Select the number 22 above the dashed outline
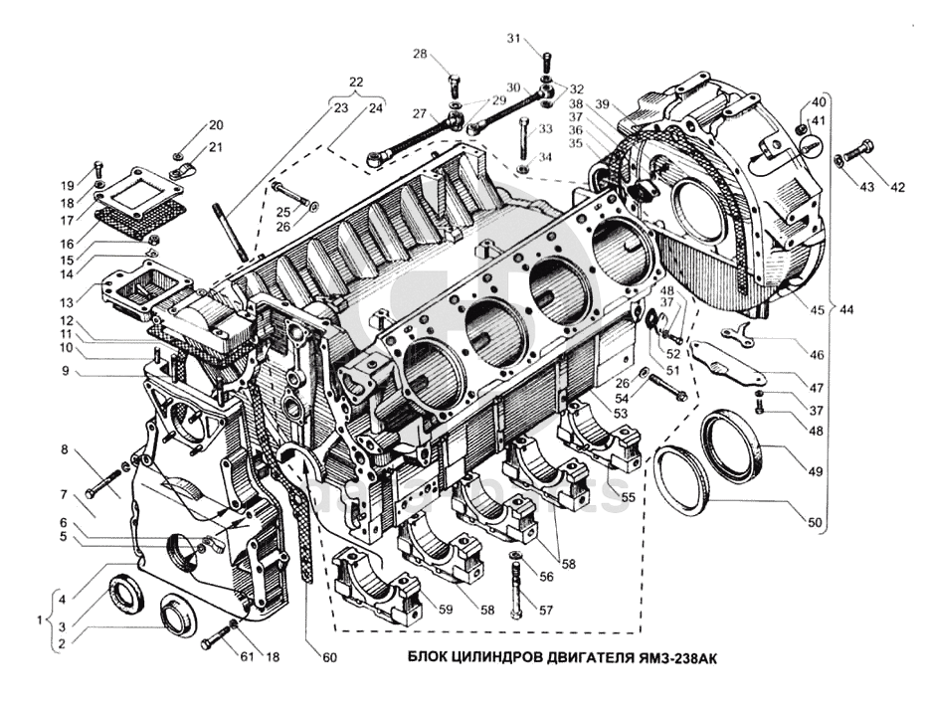356,82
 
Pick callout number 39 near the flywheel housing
602,105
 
